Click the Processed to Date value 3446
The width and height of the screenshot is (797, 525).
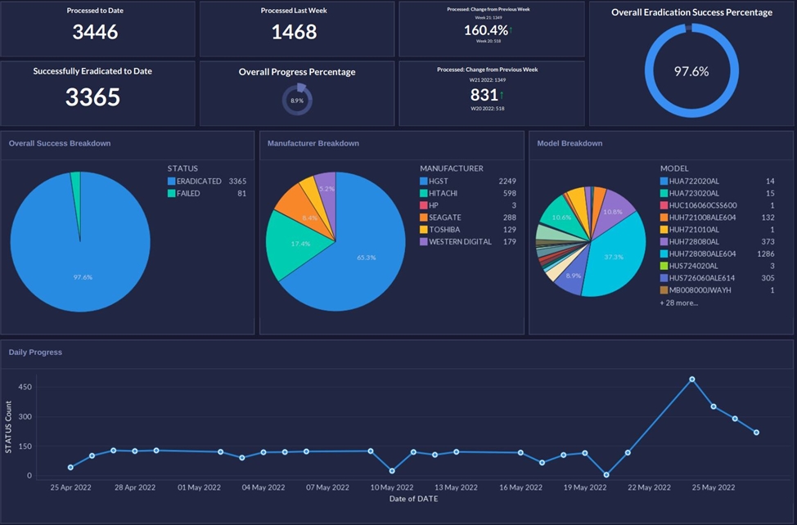click(x=95, y=32)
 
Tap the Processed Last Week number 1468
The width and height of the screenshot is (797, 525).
click(x=295, y=32)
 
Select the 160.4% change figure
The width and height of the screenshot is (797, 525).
click(x=486, y=30)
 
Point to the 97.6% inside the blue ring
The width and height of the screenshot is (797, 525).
click(x=691, y=71)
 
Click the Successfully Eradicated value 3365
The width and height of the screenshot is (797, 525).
click(x=92, y=97)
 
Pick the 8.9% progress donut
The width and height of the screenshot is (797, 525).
click(x=297, y=100)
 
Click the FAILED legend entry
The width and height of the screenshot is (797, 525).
click(x=188, y=194)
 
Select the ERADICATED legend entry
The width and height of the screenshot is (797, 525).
click(x=199, y=181)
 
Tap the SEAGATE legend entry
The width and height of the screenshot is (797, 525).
click(x=444, y=218)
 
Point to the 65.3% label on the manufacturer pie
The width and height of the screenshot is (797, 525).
click(x=366, y=258)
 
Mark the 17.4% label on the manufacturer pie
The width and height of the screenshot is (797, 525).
click(x=300, y=245)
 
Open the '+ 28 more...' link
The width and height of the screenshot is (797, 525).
click(x=679, y=303)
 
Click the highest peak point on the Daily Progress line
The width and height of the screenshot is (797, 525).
click(x=692, y=379)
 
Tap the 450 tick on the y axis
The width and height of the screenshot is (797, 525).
click(x=25, y=387)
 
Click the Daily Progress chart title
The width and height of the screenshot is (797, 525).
click(x=35, y=352)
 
